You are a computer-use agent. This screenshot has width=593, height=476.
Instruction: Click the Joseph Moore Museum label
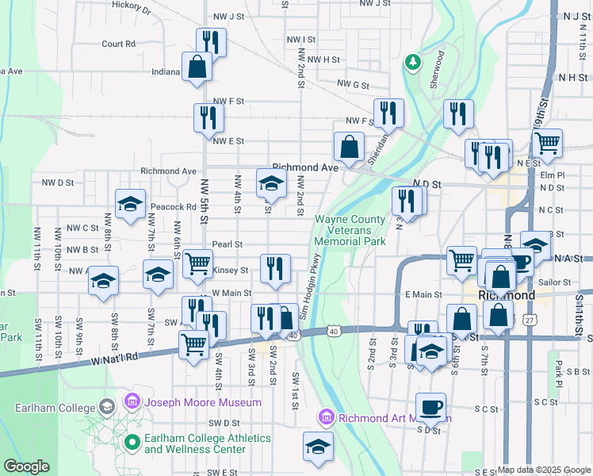[x=202, y=402]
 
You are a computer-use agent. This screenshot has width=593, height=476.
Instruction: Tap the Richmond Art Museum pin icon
[x=325, y=417]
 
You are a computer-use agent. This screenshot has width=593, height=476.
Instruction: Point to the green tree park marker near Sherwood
[x=412, y=62]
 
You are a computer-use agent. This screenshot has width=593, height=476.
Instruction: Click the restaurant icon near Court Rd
[x=211, y=42]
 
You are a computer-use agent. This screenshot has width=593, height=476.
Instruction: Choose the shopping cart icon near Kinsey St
[x=197, y=263]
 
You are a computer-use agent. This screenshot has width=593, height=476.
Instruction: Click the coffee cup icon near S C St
[x=430, y=407]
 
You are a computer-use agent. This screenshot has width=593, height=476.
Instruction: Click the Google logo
[x=26, y=466]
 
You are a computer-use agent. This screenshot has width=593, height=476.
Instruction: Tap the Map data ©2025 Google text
[x=544, y=470]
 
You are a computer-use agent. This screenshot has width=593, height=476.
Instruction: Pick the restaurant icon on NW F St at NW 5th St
[x=209, y=118]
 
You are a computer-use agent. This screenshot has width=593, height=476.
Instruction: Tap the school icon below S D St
[x=318, y=447]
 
